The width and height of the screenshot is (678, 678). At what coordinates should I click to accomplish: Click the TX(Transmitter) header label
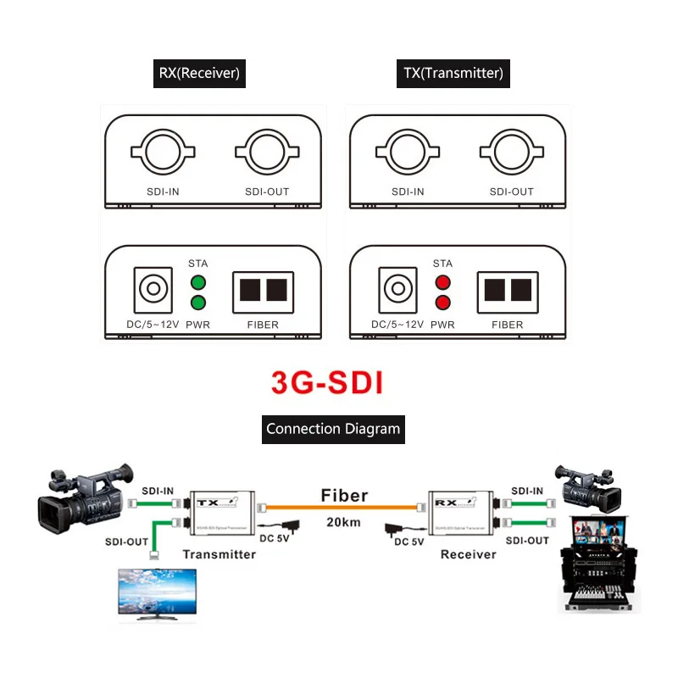(x=453, y=74)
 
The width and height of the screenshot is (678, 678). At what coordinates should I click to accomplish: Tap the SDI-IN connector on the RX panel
(x=160, y=152)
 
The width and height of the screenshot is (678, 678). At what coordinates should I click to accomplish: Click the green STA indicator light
(x=198, y=283)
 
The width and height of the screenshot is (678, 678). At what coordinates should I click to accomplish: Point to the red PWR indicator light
(x=442, y=303)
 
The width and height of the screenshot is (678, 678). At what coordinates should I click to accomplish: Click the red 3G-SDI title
(x=327, y=381)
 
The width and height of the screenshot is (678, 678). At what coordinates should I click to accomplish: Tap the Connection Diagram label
(x=333, y=429)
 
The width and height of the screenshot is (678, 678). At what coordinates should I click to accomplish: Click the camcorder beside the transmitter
(x=81, y=500)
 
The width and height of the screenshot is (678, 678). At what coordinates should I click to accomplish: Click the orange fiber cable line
(x=343, y=507)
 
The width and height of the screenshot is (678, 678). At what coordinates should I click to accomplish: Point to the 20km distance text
(x=343, y=523)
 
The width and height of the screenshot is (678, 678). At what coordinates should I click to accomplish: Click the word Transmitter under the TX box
(x=220, y=554)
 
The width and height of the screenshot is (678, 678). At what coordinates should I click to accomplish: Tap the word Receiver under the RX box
(x=468, y=554)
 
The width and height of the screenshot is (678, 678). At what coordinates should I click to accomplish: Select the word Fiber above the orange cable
(x=343, y=495)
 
